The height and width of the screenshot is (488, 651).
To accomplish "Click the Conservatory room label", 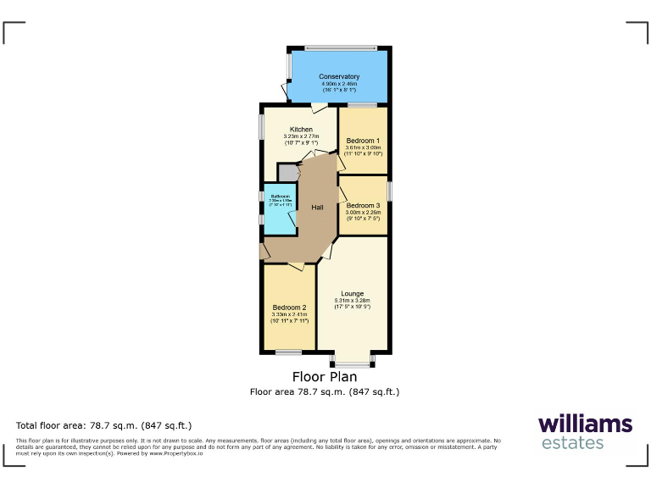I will pyautogui.click(x=339, y=77).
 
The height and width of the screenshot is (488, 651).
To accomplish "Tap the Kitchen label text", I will pyautogui.click(x=301, y=129).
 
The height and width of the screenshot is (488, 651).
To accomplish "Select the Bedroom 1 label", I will pyautogui.click(x=363, y=140).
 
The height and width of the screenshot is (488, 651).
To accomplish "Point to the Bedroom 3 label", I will pyautogui.click(x=363, y=205).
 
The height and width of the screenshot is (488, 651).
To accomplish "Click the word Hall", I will pyautogui.click(x=317, y=208).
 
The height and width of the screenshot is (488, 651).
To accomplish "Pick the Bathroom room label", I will pyautogui.click(x=280, y=196).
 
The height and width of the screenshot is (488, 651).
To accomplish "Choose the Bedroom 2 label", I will pyautogui.click(x=289, y=307).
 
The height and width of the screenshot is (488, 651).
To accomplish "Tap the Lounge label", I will pyautogui.click(x=353, y=294).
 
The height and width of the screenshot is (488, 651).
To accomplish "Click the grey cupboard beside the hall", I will pyautogui.click(x=288, y=173).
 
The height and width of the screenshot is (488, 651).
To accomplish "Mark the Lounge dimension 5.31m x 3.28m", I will pyautogui.click(x=353, y=301).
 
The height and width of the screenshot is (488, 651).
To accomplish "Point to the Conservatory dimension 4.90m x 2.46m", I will pyautogui.click(x=339, y=85).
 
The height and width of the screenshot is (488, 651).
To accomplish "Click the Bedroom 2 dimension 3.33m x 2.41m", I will pyautogui.click(x=289, y=314).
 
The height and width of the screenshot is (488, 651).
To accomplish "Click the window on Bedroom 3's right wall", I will pyautogui.click(x=389, y=191).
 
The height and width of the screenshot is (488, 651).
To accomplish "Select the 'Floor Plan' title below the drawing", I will pyautogui.click(x=325, y=377).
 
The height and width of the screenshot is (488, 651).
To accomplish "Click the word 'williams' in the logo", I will pyautogui.click(x=585, y=423).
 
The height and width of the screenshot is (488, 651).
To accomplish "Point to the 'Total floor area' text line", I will pyautogui.click(x=104, y=425).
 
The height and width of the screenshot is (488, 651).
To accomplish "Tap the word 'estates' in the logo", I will pyautogui.click(x=572, y=443).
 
